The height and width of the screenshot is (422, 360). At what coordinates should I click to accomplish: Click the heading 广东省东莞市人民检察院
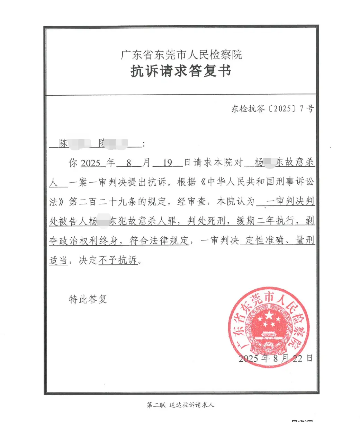pos(181,55)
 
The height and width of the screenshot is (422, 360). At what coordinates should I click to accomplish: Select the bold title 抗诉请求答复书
pos(181,71)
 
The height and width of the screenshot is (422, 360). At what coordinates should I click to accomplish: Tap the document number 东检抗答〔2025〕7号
pos(273,109)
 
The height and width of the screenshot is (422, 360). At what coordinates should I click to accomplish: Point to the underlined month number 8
pos(129,163)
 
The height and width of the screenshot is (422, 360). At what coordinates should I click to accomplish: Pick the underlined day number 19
pos(168,163)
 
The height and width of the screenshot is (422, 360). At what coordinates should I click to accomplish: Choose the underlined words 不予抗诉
pos(118,260)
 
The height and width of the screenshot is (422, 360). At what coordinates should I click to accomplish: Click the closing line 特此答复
pos(88,299)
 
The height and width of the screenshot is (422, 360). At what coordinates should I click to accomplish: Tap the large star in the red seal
pos(269,316)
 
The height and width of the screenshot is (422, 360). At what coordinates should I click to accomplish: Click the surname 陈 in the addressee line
pos(64,144)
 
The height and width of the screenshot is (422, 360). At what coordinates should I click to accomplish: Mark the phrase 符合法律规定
pos(159,240)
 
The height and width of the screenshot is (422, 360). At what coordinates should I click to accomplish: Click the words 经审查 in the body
pos(192,202)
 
